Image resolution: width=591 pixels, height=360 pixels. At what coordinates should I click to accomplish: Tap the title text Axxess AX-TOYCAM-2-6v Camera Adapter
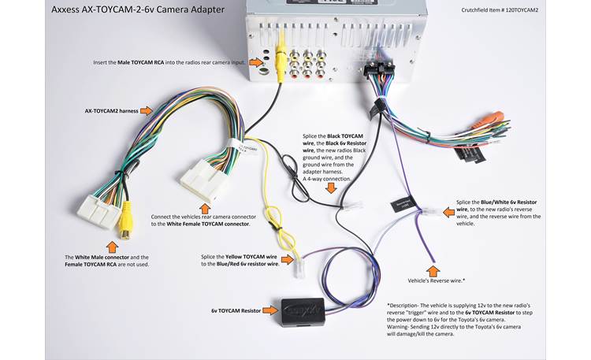[138, 10]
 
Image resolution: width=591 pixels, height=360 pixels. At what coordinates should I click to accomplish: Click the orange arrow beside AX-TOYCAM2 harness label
[147, 112]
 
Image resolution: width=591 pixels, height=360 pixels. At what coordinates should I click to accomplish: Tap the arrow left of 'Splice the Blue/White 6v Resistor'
[441, 208]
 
